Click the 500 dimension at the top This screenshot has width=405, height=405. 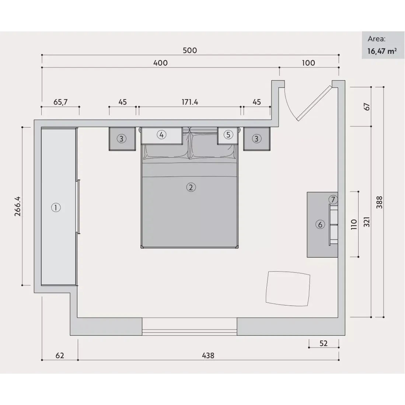(x=190, y=50)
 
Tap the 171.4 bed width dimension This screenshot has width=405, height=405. (x=190, y=102)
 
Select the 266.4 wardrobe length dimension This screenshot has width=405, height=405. (x=18, y=206)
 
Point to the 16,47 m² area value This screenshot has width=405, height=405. (x=382, y=51)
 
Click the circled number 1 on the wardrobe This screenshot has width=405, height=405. (x=56, y=208)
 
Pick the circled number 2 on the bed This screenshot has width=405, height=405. (x=191, y=187)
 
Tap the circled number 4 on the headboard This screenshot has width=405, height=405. (x=161, y=135)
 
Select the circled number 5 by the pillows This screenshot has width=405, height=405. (x=228, y=135)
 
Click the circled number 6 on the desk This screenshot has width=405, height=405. (x=320, y=224)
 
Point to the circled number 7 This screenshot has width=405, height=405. (x=333, y=199)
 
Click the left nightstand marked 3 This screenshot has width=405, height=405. (x=122, y=139)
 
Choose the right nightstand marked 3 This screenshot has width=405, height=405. (x=257, y=139)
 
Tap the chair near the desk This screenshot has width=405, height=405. (x=288, y=289)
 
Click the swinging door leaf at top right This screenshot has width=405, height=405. (x=314, y=103)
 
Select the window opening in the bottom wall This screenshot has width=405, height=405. (x=189, y=327)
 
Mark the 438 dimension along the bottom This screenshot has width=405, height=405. (x=208, y=356)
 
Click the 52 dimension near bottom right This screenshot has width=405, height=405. (x=324, y=343)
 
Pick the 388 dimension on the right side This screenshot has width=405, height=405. (x=379, y=202)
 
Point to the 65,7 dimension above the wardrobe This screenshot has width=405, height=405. (x=60, y=102)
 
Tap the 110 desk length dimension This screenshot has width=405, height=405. (x=354, y=224)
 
